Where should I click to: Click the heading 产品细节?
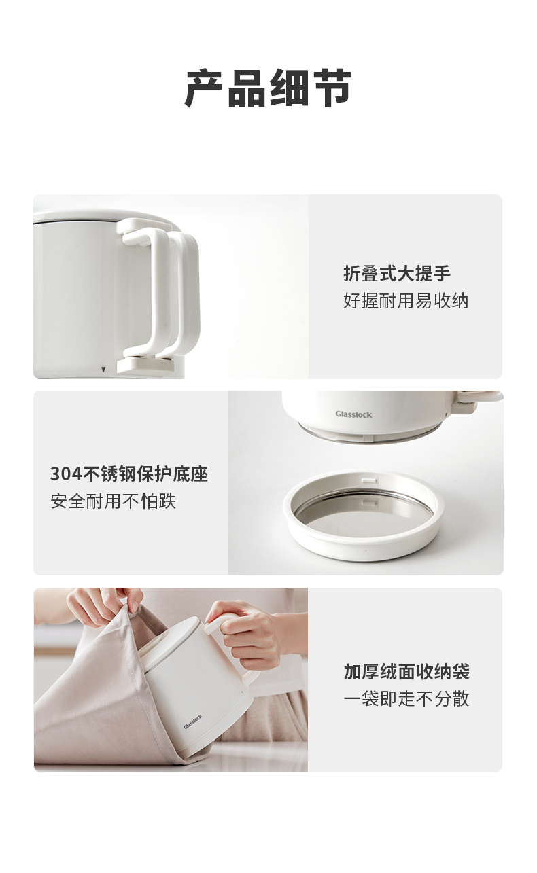tap(268, 88)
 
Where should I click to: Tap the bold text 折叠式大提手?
tap(396, 274)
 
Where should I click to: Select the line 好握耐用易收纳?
tap(406, 300)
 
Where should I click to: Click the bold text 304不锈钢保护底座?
tap(129, 474)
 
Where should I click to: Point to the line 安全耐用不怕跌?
tap(113, 501)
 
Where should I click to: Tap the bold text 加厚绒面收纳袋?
tap(406, 671)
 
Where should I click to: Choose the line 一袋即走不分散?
tap(406, 699)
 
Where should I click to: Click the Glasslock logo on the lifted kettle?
tap(353, 414)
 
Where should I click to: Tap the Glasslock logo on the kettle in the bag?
tap(192, 721)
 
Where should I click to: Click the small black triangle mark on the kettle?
tap(103, 369)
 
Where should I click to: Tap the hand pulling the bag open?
tap(103, 605)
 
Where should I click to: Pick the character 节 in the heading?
tap(332, 88)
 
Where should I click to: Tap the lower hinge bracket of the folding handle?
tap(145, 366)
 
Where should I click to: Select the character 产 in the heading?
tap(205, 88)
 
